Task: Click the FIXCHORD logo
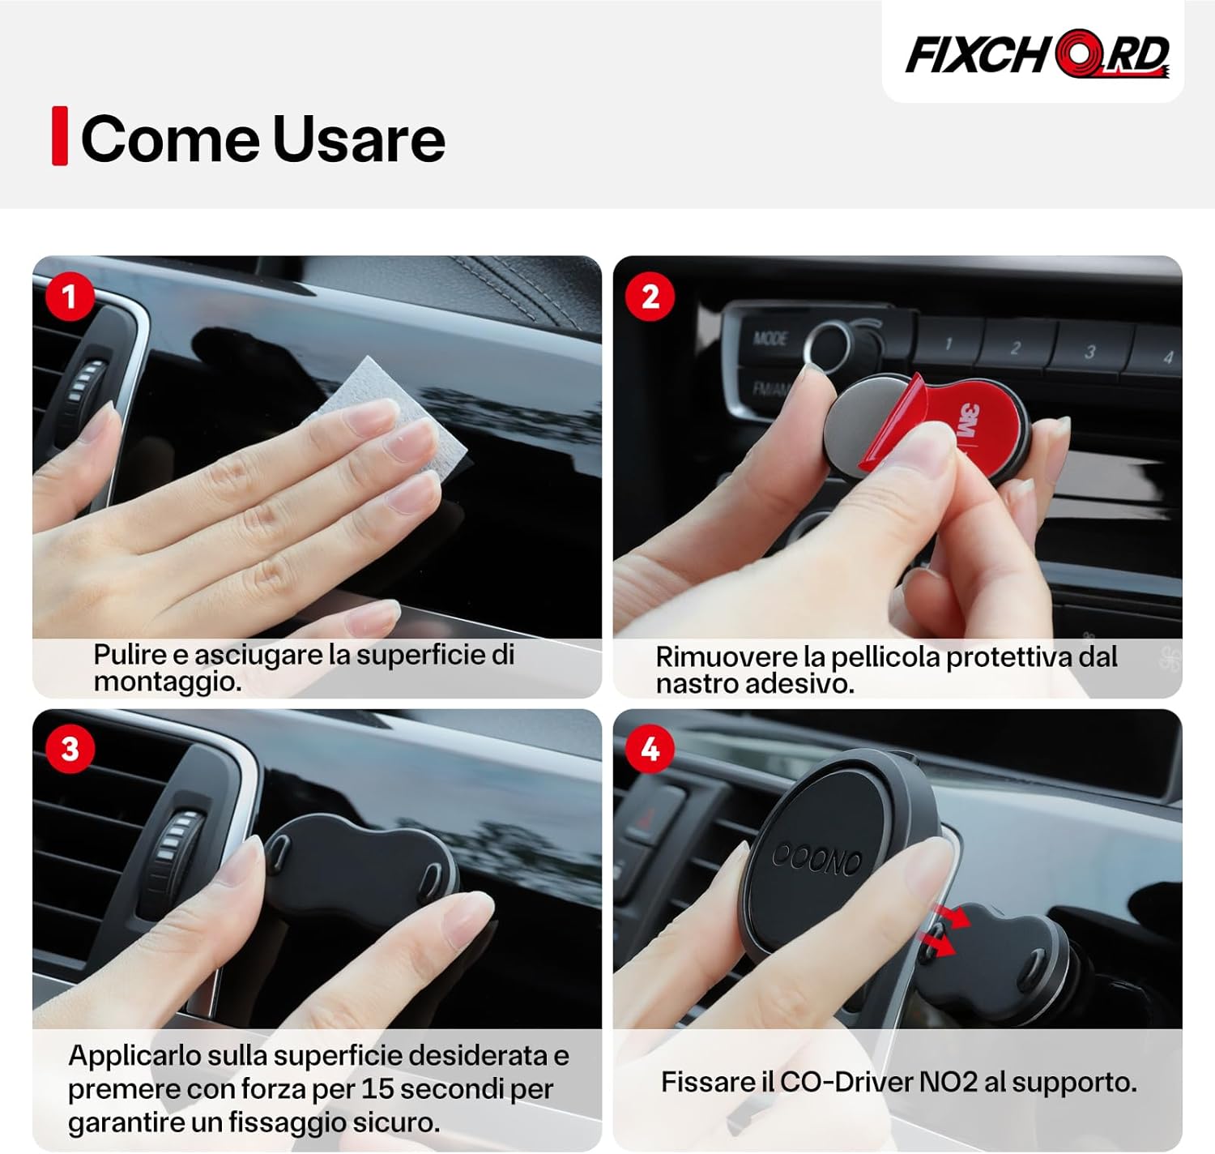click(1036, 55)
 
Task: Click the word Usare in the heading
click(359, 139)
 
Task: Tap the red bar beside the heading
click(59, 135)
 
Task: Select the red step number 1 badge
click(70, 297)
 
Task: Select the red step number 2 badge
click(650, 297)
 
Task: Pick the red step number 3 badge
click(70, 749)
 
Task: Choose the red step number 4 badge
click(650, 749)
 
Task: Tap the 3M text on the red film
click(968, 421)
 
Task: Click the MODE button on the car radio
click(769, 338)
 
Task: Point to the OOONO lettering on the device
click(816, 859)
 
